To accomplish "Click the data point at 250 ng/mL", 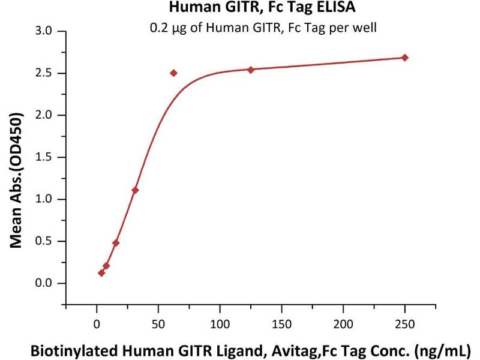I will tap(405, 58).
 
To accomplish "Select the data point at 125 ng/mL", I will tap(251, 70).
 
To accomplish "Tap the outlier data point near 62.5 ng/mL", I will tap(173, 73).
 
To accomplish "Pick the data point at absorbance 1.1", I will tap(135, 190).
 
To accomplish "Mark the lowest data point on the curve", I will tap(101, 273).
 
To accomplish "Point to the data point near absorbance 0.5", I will tap(116, 243).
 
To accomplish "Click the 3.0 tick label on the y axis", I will tap(44, 31).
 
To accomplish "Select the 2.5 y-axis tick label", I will tap(44, 73).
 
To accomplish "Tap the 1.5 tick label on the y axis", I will tap(44, 157).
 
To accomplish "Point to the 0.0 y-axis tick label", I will tap(44, 283).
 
